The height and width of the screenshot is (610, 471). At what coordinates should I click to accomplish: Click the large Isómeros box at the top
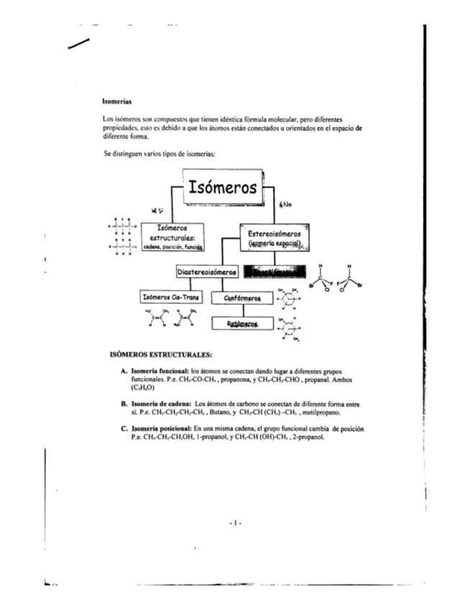(x=222, y=188)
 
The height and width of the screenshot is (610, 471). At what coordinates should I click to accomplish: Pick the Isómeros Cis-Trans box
(x=171, y=296)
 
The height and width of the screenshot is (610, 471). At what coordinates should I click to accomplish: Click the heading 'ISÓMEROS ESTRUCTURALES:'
(x=160, y=355)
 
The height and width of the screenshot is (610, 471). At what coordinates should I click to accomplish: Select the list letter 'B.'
(x=124, y=405)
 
